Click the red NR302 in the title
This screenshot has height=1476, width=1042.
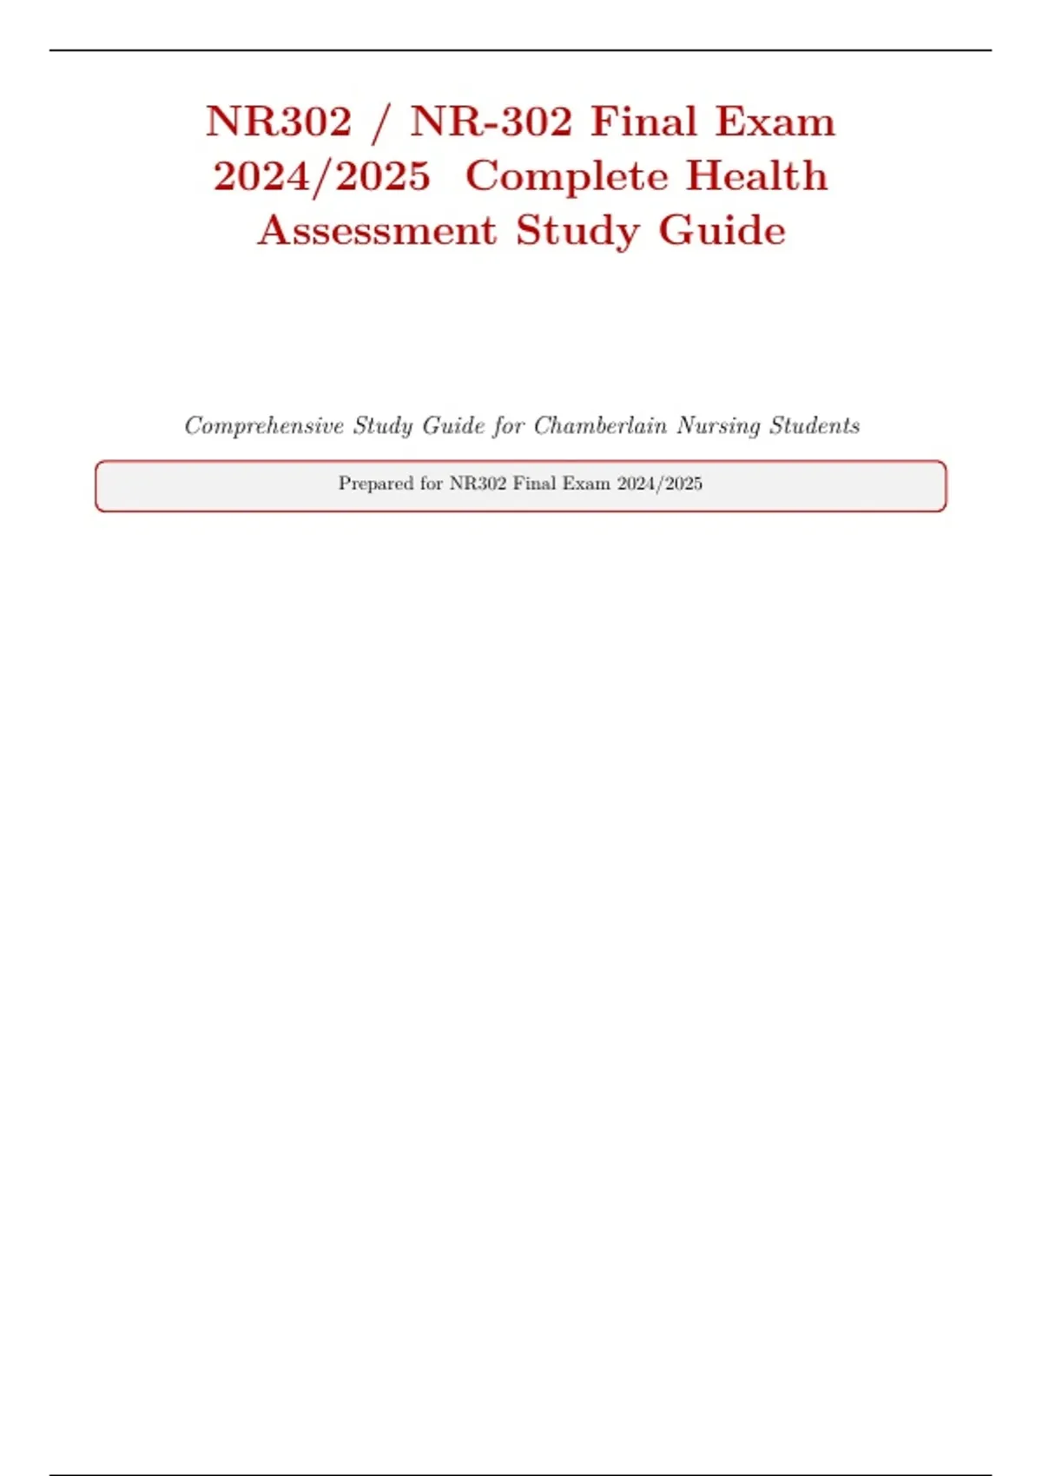[279, 122]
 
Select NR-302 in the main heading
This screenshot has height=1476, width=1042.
[491, 122]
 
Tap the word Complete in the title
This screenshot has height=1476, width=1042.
[566, 176]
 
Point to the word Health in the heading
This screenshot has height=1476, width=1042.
[757, 176]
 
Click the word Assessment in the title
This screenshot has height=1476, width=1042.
[378, 231]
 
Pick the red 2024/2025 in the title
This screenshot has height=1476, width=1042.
[322, 176]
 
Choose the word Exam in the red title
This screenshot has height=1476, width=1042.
[775, 122]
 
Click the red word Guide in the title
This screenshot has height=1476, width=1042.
[722, 231]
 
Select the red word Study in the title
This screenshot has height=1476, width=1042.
[577, 231]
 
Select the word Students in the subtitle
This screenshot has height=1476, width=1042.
[814, 425]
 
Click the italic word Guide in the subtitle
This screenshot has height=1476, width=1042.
[453, 425]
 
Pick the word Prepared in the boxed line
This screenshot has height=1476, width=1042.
[376, 484]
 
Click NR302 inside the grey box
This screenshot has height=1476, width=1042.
[478, 484]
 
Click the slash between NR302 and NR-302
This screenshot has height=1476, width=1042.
[379, 122]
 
